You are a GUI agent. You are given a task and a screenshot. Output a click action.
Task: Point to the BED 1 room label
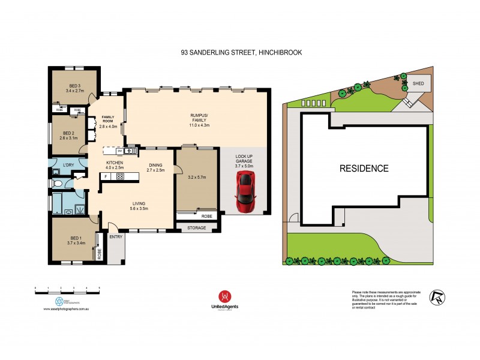(x=73, y=239)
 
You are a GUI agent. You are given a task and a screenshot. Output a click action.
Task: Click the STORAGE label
(x=196, y=228)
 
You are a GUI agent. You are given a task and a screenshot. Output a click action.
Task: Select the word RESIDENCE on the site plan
(x=364, y=169)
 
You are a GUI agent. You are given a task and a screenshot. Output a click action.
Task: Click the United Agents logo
(x=224, y=299)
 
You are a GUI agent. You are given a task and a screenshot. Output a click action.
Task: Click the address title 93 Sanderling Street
(x=241, y=53)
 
